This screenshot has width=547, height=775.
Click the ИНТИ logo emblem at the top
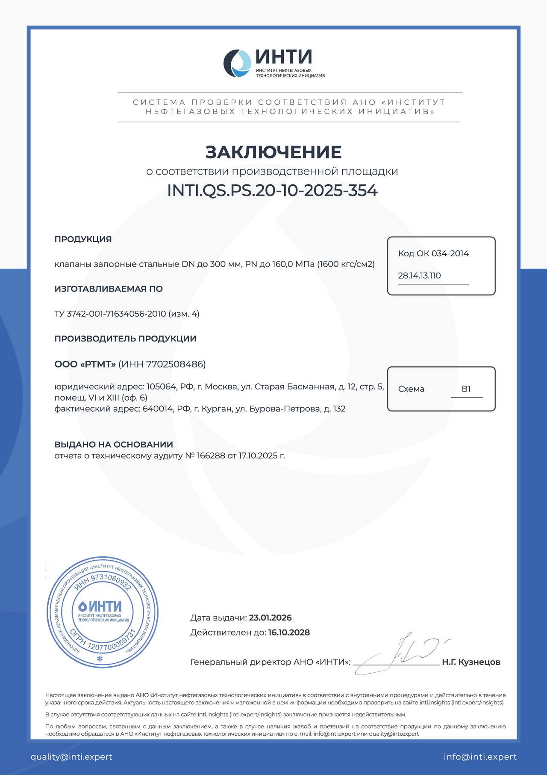coord(237,63)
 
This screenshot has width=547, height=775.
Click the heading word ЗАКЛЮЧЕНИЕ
coord(273,152)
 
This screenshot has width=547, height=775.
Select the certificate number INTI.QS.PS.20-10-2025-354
coord(272,190)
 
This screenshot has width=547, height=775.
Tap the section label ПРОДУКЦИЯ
coord(83,239)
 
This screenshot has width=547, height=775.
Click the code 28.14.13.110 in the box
coord(419,276)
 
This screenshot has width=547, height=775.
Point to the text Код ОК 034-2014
coord(433,253)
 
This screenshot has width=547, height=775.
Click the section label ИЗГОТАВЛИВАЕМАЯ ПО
coord(109,289)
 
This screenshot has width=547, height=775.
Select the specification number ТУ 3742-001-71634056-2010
coord(110,314)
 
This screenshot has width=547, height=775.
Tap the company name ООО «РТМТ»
coord(85,364)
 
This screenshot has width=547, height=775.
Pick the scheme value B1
coord(466,389)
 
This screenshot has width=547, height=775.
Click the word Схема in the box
coord(411,389)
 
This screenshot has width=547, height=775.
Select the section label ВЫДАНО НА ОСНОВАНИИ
coord(114,445)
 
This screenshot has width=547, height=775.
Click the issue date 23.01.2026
coord(270,618)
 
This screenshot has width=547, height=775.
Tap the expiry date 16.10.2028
coord(289,632)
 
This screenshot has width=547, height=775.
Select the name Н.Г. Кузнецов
coord(471,662)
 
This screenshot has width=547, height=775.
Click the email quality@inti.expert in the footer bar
coord(71,757)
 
